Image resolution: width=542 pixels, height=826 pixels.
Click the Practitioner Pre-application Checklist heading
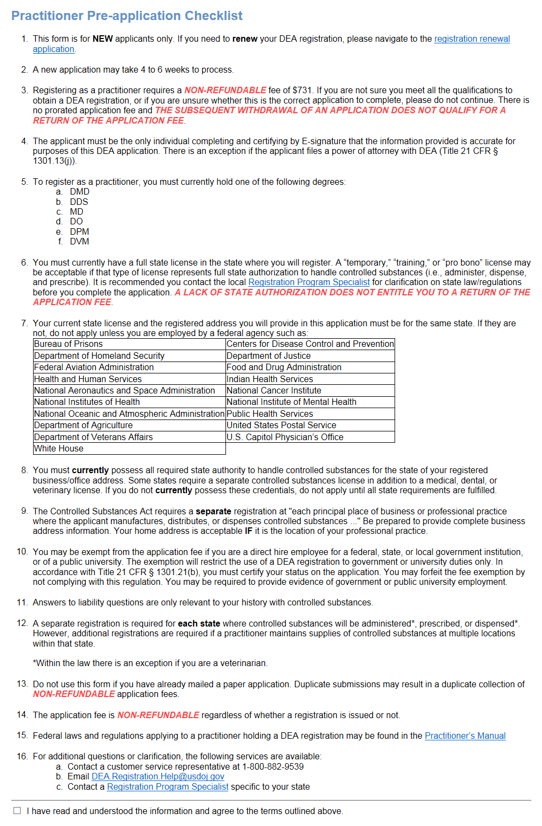click(x=127, y=16)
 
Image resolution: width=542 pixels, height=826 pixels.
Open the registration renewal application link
click(x=472, y=39)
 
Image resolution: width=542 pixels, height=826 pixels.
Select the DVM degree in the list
click(x=79, y=241)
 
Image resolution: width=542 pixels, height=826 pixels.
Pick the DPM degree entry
click(x=79, y=231)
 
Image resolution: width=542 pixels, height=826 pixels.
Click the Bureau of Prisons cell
click(x=68, y=344)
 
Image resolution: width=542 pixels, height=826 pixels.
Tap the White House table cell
click(x=59, y=449)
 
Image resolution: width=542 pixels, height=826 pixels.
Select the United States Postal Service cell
click(x=281, y=425)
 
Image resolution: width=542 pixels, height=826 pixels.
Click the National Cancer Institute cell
click(x=274, y=391)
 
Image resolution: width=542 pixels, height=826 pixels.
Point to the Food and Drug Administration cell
click(x=284, y=367)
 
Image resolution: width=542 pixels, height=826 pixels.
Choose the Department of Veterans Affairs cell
click(x=93, y=437)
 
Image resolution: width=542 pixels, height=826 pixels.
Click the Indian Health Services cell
click(x=270, y=379)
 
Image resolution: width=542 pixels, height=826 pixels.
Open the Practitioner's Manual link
click(x=465, y=736)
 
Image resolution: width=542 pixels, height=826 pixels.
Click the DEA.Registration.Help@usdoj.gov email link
click(x=158, y=777)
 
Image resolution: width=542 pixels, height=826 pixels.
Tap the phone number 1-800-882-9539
click(x=273, y=767)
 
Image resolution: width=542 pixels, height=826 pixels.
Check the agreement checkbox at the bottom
click(x=17, y=811)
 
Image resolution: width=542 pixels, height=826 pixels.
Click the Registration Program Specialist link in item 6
click(x=309, y=282)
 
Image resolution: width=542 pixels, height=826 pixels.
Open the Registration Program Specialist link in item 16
click(x=167, y=787)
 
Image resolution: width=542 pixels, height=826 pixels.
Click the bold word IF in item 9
click(x=249, y=531)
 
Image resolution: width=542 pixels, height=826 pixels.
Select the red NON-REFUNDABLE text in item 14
click(x=158, y=715)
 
